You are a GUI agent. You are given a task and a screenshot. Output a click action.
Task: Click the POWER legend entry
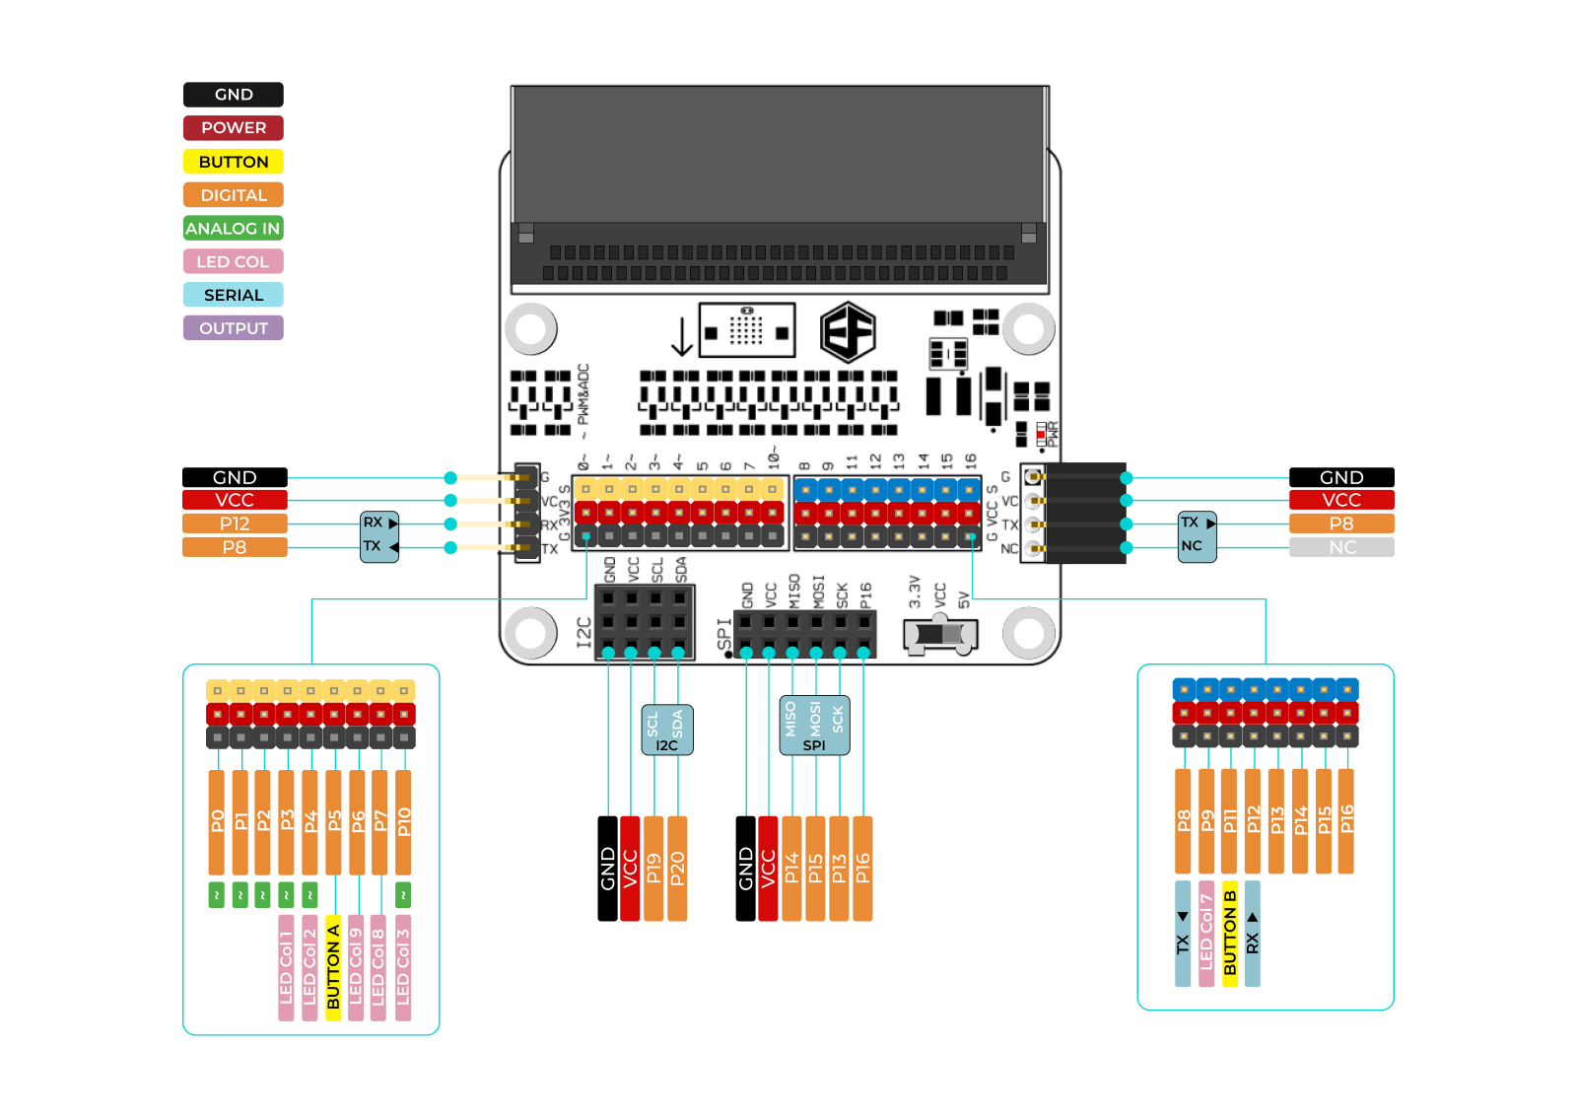[x=234, y=128]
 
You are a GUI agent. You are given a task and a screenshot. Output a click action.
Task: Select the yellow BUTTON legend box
[x=234, y=162]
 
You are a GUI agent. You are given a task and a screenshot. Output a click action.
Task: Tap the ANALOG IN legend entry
[x=234, y=229]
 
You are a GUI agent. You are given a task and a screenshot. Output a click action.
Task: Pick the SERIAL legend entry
[x=234, y=295]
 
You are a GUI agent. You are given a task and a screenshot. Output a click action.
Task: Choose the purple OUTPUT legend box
[x=234, y=328]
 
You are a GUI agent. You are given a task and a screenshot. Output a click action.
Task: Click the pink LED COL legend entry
[x=234, y=261]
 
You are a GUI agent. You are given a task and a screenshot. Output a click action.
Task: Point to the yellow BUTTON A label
[x=333, y=967]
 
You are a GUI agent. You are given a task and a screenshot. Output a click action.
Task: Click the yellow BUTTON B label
[x=1229, y=933]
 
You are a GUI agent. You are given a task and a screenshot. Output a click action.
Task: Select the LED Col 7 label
[x=1206, y=933]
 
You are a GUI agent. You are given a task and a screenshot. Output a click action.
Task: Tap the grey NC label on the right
[x=1341, y=547]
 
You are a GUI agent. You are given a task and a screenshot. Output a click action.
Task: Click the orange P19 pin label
[x=653, y=869]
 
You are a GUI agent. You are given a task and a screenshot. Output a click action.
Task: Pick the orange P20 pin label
[x=677, y=869]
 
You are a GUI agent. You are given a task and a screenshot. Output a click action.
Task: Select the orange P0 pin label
[x=217, y=821]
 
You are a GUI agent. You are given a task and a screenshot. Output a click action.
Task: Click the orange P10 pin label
[x=403, y=821]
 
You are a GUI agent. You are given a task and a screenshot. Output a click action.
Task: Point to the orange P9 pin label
[x=1206, y=821]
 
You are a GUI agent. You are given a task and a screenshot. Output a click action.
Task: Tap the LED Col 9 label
[x=356, y=967]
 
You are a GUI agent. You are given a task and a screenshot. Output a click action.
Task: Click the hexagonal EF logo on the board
[x=848, y=332]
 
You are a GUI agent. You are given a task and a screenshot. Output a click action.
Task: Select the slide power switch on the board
[x=940, y=634]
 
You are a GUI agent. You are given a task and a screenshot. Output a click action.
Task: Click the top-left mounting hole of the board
[x=531, y=328]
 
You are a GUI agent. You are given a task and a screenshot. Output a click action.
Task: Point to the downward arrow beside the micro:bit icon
[x=681, y=337]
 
